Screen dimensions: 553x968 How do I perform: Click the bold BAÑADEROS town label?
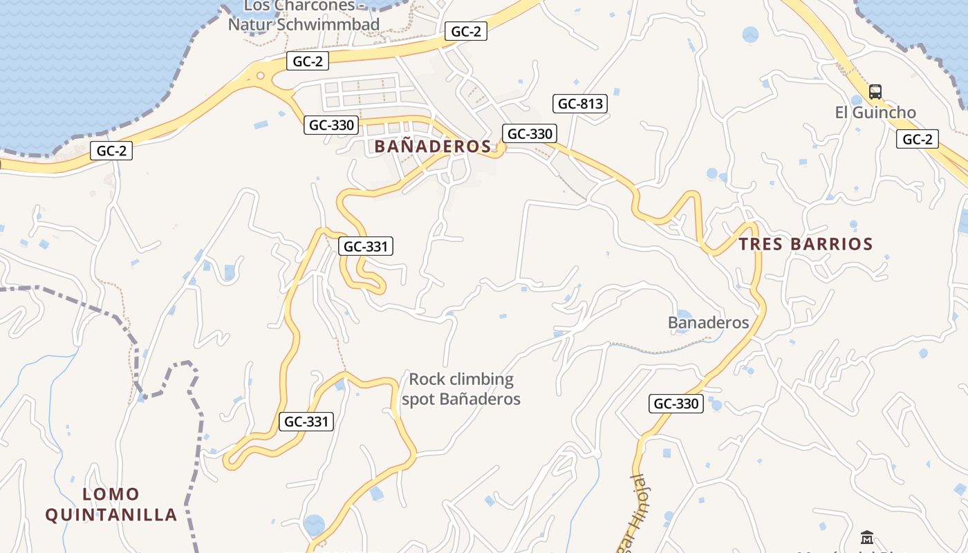coord(433,147)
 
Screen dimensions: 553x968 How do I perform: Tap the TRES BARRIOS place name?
coord(806,244)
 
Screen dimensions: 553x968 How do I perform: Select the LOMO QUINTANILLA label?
coord(111,505)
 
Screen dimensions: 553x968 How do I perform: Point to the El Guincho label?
coord(875,113)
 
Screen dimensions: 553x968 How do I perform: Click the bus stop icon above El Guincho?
coord(875,91)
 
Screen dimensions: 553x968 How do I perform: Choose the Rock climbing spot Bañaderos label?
coord(461,389)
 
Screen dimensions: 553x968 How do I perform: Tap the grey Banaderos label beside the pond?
coord(709,323)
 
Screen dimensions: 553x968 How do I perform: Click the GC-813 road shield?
coord(580,104)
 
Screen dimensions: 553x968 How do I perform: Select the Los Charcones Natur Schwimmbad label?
coord(304,15)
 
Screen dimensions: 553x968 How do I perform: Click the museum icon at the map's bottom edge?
coord(867,537)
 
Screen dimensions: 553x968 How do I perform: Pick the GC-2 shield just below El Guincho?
coord(918,140)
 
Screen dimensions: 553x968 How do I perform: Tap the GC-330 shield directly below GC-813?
coord(530,134)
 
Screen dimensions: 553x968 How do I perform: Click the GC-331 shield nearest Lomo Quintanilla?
coord(306,422)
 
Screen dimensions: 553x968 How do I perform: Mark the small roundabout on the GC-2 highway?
coord(261,76)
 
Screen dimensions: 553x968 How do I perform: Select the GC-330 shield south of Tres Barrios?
coord(676,404)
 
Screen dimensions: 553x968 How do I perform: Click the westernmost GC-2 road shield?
coord(111,151)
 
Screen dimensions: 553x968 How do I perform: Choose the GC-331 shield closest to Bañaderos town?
coord(366,246)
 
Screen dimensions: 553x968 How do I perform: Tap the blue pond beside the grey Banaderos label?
coord(683,319)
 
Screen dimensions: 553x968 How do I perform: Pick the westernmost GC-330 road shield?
coord(331,125)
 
